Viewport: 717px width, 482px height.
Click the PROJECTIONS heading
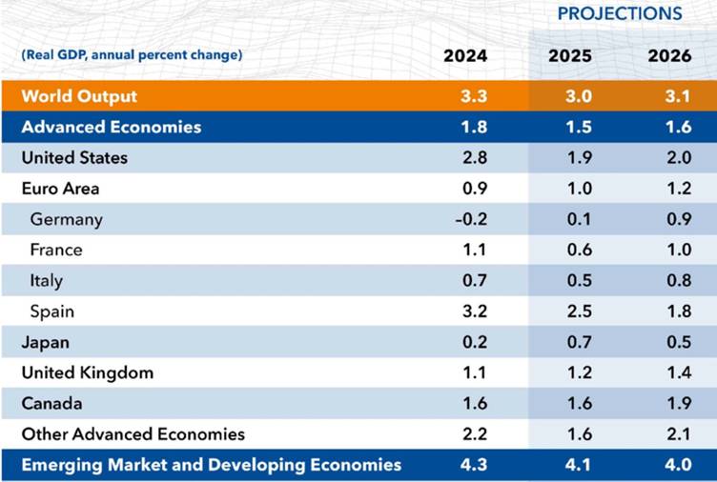620,13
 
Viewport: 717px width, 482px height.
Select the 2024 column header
465,56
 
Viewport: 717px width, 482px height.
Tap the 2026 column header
670,56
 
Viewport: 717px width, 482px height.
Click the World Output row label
79,96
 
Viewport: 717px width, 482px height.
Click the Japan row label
46,342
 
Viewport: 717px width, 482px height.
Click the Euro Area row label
60,189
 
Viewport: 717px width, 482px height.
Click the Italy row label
47,280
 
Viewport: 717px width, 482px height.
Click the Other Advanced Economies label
133,434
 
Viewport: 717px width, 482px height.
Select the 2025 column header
570,56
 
